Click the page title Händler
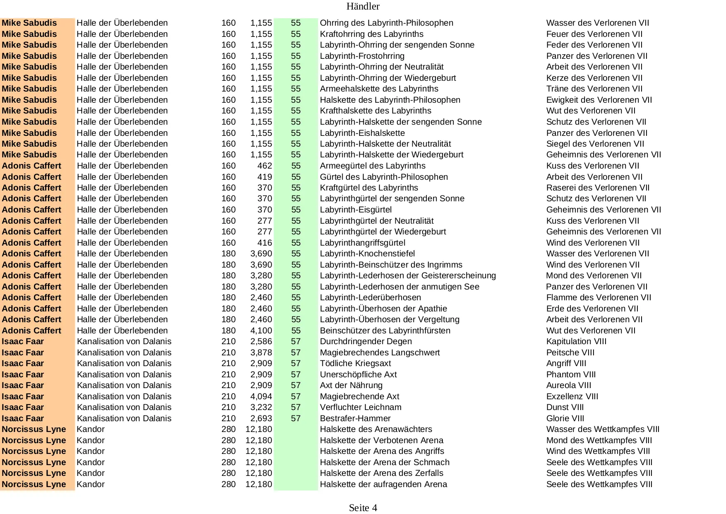tap(363, 6)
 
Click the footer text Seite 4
tap(363, 508)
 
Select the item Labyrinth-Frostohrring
tap(362, 56)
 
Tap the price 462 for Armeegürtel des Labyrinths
tap(264, 166)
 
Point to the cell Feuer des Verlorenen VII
tap(594, 34)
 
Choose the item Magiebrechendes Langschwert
tap(380, 352)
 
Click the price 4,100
tap(261, 331)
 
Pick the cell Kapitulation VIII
tap(576, 341)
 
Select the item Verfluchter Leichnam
tap(361, 407)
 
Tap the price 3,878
tap(261, 352)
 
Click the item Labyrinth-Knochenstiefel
tap(367, 253)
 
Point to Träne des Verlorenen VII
tap(594, 89)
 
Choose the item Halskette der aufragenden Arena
tap(383, 484)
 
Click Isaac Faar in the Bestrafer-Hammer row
tap(23, 418)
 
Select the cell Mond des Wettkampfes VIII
tap(599, 440)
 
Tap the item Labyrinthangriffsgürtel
tap(363, 243)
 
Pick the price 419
tap(264, 177)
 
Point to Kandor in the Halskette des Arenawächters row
tap(91, 429)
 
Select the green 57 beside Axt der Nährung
tap(296, 385)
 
